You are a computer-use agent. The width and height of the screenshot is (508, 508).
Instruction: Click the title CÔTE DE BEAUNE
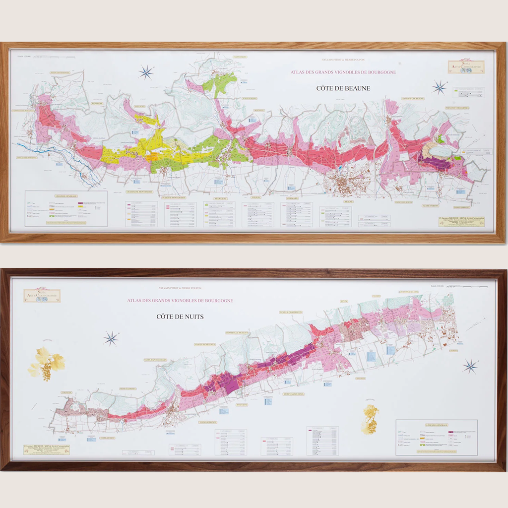(343, 89)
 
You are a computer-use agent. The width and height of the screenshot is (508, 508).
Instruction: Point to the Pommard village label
(292, 197)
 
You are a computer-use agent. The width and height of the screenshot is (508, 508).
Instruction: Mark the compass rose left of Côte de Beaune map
(146, 72)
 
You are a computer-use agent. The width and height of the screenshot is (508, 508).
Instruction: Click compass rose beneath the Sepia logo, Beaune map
(439, 88)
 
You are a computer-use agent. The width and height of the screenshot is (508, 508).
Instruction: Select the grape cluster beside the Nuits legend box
(370, 419)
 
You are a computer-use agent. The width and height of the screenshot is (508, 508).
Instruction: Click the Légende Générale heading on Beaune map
(66, 195)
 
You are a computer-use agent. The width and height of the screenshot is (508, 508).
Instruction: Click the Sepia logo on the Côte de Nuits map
(42, 296)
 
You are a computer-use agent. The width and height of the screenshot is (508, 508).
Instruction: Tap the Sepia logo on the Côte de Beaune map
(466, 67)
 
